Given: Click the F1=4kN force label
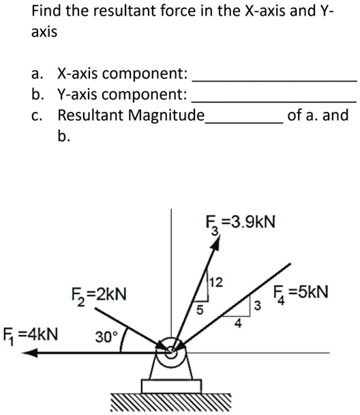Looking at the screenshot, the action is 30,336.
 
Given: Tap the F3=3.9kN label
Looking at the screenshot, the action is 241,223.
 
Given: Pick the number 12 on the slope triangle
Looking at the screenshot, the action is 216,283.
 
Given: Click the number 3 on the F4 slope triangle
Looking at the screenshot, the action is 257,306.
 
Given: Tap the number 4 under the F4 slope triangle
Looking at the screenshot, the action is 238,323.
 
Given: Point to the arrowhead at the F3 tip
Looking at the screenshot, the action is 215,243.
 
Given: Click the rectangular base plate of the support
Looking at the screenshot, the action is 171,386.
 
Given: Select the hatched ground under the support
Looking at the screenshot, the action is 170,402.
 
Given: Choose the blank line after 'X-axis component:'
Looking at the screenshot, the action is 274,81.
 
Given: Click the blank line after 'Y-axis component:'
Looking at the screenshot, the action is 274,102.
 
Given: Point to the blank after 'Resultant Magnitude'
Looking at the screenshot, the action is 244,122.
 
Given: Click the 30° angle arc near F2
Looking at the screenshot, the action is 122,340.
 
